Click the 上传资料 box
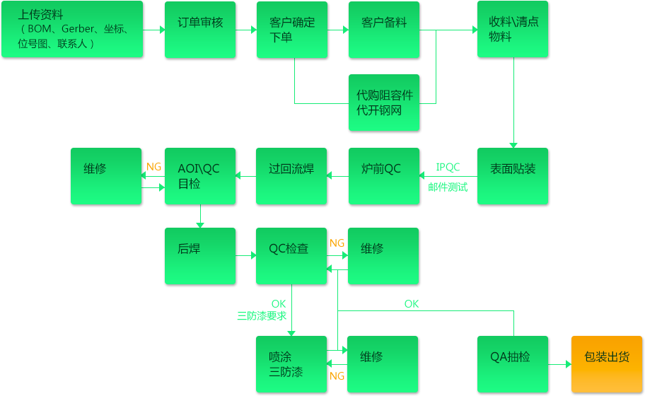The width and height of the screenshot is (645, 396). [73, 30]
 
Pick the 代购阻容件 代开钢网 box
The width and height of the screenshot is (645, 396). [384, 103]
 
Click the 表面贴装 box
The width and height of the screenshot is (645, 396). [513, 177]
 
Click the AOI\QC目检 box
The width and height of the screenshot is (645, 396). [200, 177]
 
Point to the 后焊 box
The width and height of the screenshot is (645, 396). [200, 256]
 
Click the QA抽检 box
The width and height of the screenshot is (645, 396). [513, 364]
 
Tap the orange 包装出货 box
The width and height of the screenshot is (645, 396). [606, 364]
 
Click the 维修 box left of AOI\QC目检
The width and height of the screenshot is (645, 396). [105, 177]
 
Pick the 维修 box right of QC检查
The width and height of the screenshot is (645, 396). [384, 256]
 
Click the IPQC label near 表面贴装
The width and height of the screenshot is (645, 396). [448, 168]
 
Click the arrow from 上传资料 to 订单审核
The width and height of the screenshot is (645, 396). [155, 30]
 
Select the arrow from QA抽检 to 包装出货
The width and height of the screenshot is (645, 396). [561, 364]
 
